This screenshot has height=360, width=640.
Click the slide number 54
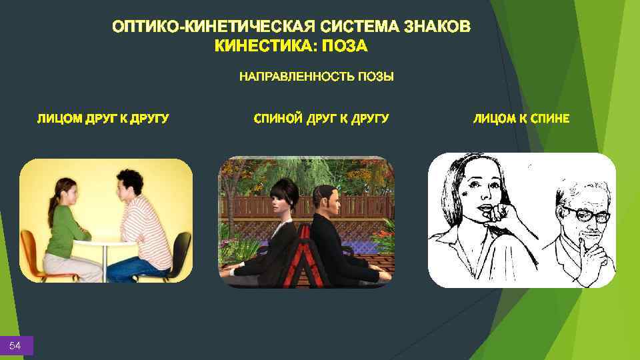tap(15, 345)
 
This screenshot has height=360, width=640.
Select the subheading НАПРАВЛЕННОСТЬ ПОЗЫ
tap(317, 77)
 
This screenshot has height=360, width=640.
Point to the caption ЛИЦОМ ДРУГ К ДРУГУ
tap(103, 119)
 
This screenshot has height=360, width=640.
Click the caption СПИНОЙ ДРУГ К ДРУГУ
tap(321, 119)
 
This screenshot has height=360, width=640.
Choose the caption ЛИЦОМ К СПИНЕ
tap(521, 119)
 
